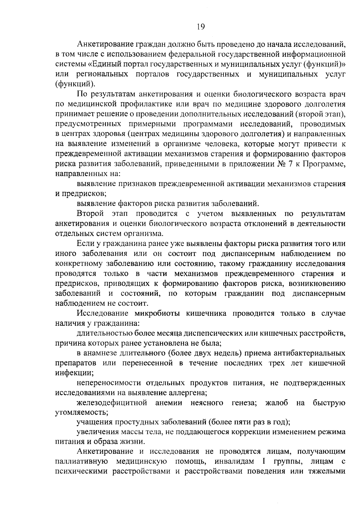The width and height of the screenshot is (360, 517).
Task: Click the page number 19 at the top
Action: click(201, 27)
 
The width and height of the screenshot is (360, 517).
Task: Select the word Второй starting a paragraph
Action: click(90, 214)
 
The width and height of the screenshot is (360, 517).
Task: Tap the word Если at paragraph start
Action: click(85, 243)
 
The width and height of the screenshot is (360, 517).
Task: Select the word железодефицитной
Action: click(112, 403)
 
